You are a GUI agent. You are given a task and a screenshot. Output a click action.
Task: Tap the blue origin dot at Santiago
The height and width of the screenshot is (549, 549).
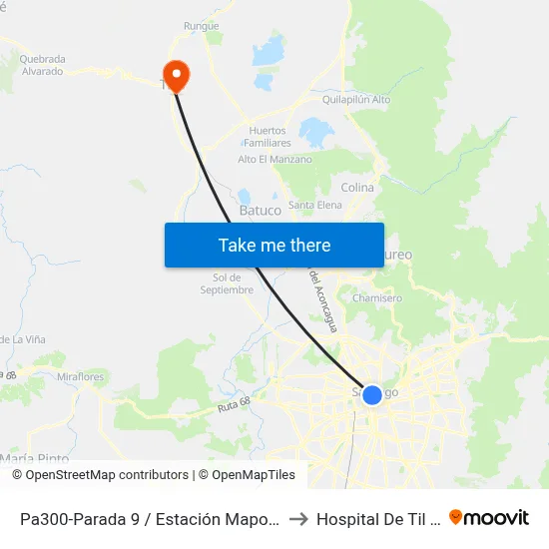tap(371, 395)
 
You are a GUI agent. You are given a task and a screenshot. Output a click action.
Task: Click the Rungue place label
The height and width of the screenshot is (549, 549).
tap(202, 26)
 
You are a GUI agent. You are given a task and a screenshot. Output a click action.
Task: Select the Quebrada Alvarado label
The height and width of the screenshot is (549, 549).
tap(41, 65)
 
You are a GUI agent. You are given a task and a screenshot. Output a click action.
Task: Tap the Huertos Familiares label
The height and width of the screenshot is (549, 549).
tap(268, 137)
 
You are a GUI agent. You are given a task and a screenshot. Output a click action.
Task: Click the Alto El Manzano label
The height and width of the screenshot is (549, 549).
tap(274, 160)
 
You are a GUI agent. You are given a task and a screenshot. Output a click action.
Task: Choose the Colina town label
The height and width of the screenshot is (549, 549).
tap(357, 188)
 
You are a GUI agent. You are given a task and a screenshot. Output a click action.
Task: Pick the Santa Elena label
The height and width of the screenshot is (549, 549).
tap(315, 205)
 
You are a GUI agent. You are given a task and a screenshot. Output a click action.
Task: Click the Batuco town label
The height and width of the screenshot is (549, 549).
tap(260, 211)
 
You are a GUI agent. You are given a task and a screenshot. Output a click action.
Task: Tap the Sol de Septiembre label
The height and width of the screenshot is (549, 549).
tap(227, 283)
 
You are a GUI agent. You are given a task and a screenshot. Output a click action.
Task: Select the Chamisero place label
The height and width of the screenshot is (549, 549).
tap(377, 297)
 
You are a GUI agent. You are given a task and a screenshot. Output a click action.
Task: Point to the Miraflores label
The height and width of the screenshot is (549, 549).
tap(81, 377)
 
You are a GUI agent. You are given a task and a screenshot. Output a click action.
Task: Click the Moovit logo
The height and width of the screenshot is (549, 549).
tap(489, 518)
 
